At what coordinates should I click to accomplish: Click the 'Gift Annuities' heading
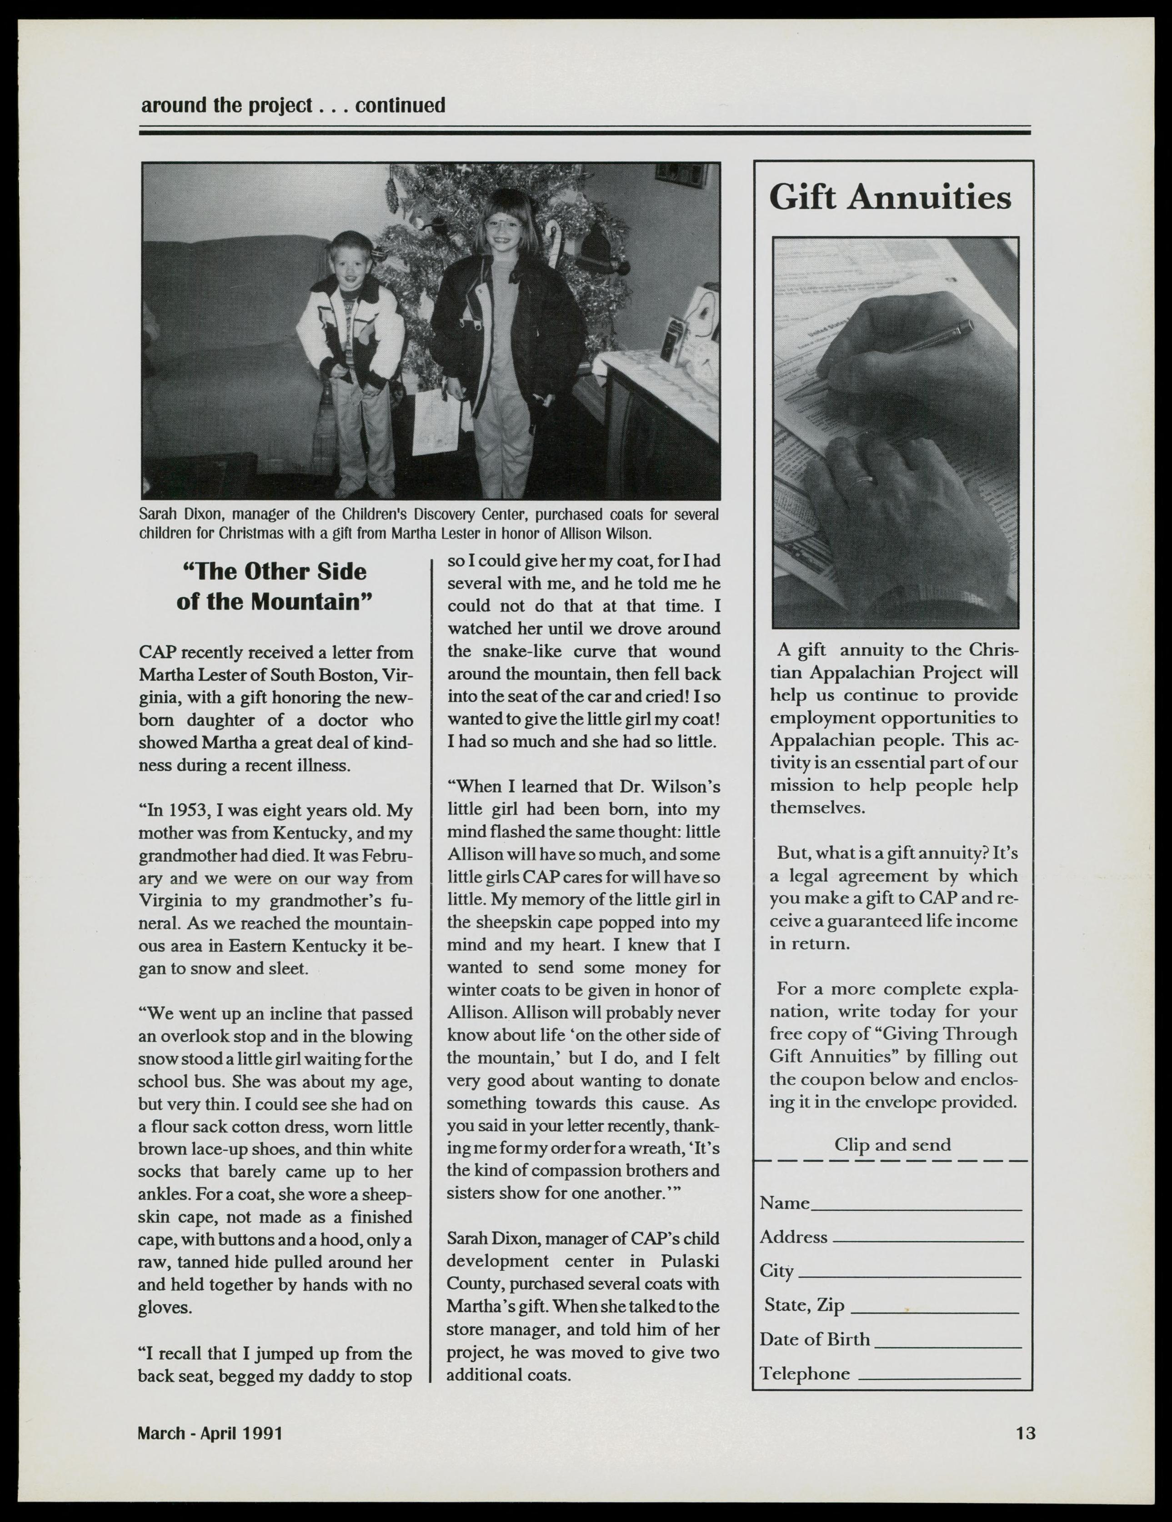[x=890, y=198]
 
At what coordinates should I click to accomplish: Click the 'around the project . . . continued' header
[x=293, y=105]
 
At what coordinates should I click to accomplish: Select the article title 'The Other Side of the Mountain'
[x=274, y=586]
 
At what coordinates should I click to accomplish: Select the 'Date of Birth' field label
[x=814, y=1339]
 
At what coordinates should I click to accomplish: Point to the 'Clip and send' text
[x=892, y=1145]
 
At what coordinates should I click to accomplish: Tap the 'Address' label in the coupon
[x=793, y=1237]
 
